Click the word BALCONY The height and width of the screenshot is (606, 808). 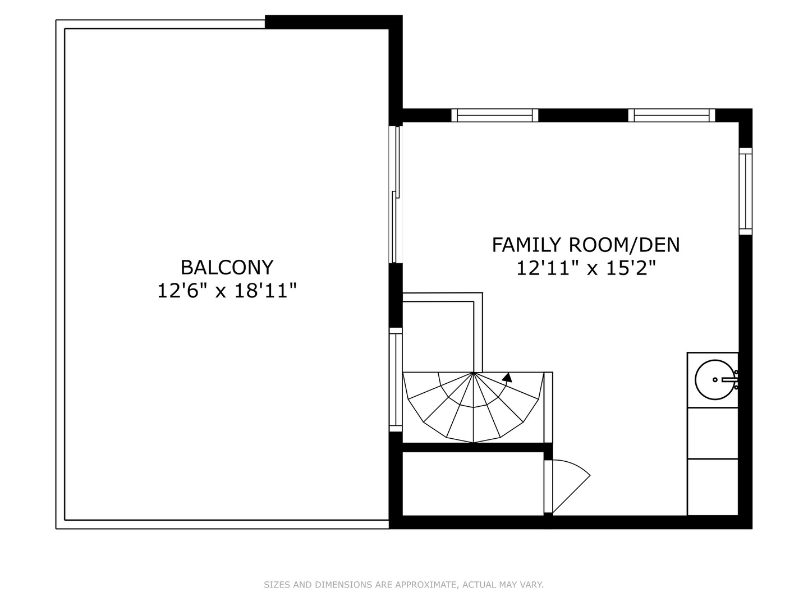(x=227, y=267)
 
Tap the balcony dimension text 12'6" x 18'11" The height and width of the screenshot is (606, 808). (x=227, y=291)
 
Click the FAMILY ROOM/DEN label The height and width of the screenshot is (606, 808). (x=586, y=245)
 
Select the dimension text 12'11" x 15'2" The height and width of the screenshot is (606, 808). (x=586, y=269)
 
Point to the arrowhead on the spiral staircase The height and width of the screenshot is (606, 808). (x=507, y=378)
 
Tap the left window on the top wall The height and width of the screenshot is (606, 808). (x=495, y=116)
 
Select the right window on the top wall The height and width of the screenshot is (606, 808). (x=672, y=116)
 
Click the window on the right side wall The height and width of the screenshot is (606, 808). (x=745, y=191)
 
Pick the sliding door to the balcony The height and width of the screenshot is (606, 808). (x=396, y=194)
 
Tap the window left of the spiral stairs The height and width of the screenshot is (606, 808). (x=396, y=379)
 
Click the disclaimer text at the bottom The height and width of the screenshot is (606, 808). (x=403, y=585)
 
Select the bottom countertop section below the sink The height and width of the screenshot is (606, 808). (x=713, y=486)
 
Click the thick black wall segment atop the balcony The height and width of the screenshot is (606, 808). (x=333, y=22)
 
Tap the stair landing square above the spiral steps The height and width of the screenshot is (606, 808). (x=438, y=336)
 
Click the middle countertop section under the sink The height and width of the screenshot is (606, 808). (x=713, y=433)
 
